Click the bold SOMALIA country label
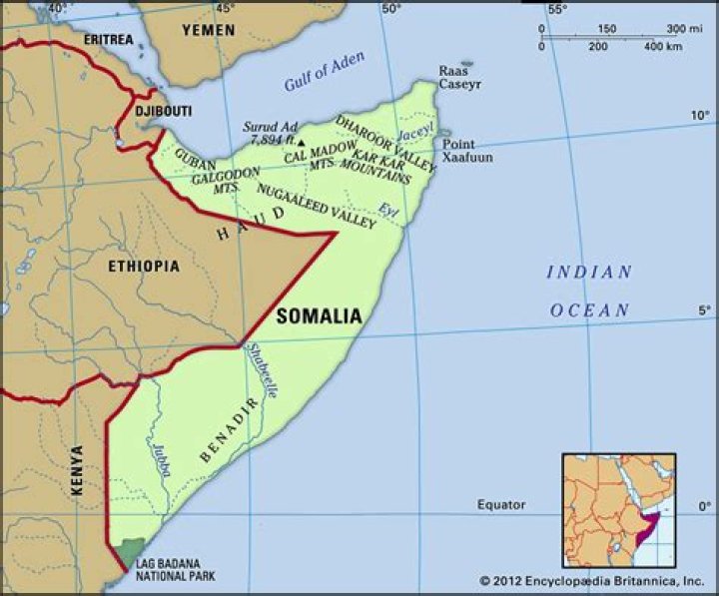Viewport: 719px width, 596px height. point(319,316)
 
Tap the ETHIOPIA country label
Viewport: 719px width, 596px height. point(144,267)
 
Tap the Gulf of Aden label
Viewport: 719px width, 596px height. point(325,71)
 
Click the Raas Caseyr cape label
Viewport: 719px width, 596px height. point(459,78)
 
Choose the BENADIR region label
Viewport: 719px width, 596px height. point(229,430)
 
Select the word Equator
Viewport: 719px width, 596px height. point(500,505)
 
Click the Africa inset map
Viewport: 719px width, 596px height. point(619,510)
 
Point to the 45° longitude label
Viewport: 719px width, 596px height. point(225,8)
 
